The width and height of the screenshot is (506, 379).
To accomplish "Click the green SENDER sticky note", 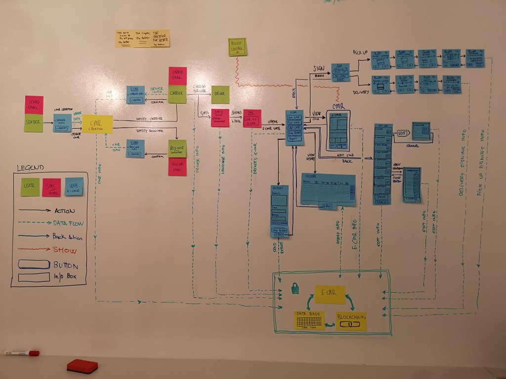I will [33, 123].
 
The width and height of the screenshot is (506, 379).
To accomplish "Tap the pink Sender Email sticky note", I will [34, 105].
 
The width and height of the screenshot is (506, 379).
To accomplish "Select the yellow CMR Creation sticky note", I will [97, 124].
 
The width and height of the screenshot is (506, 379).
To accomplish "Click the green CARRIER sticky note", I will [177, 94].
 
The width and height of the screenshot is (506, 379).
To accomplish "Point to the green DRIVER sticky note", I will [220, 94].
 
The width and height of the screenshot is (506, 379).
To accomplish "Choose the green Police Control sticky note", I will [237, 47].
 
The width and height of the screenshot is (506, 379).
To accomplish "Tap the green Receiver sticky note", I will [177, 149].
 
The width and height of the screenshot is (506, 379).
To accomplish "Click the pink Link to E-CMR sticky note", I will [252, 118].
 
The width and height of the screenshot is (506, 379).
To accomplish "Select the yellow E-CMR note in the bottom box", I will [330, 294].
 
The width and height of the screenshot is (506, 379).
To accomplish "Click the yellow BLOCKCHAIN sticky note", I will [351, 321].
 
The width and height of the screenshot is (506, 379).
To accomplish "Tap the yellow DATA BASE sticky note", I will [309, 320].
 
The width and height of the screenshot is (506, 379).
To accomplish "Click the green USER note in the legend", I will [30, 187].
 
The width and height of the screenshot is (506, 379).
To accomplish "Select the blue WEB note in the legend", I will [74, 187].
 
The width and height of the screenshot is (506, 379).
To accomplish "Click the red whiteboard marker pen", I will [21, 353].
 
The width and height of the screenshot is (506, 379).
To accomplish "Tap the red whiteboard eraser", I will [82, 366].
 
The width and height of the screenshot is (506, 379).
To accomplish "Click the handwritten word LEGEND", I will [30, 168].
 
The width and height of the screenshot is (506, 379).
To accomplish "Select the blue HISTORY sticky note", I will [328, 189].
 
